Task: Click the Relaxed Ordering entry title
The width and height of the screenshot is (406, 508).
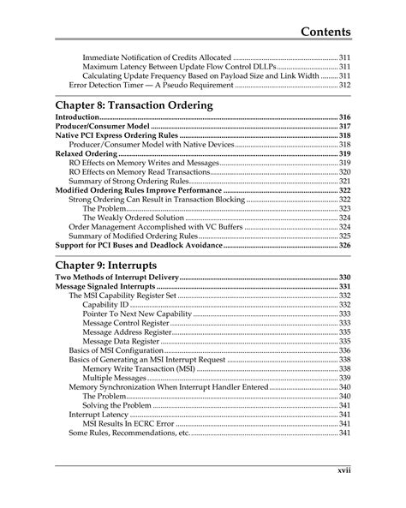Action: (x=87, y=153)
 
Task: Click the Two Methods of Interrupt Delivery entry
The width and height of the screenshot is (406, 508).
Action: (x=116, y=278)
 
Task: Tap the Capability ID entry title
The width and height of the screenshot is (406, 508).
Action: (x=106, y=304)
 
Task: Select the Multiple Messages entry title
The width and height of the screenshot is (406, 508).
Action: (x=115, y=377)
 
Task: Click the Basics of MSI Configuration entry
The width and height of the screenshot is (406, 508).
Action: (x=115, y=350)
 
